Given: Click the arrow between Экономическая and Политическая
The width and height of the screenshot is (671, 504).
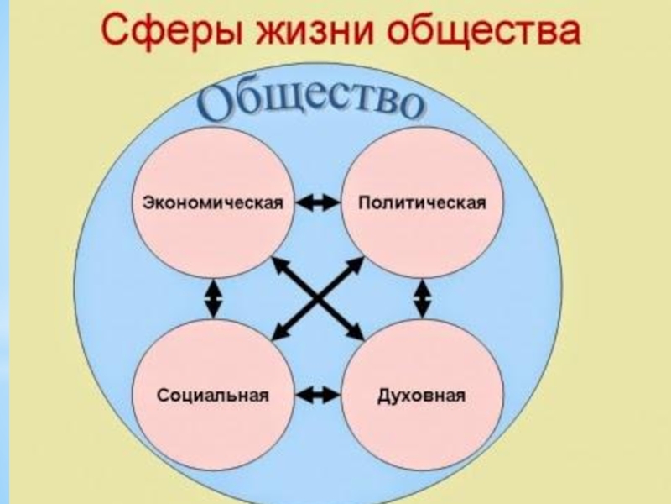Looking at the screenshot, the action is point(318,203).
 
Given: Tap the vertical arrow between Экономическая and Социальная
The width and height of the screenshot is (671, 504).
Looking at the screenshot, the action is point(215,298).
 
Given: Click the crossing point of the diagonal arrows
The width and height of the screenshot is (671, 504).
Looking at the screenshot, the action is point(320,298).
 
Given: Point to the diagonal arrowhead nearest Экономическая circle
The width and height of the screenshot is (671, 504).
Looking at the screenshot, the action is point(279,264).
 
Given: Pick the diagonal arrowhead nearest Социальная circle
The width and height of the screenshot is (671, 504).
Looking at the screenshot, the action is point(279,333).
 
